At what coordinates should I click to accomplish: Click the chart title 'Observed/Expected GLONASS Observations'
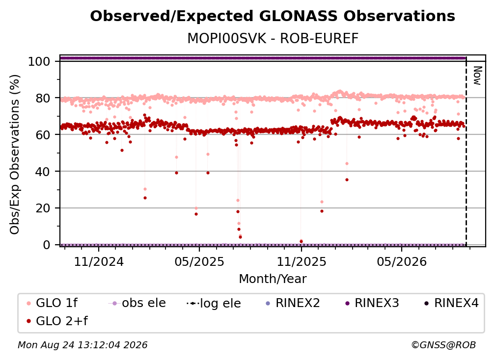pyautogui.click(x=273, y=16)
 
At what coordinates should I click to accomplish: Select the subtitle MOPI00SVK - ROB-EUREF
pyautogui.click(x=273, y=39)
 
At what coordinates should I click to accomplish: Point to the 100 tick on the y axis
pyautogui.click(x=39, y=61)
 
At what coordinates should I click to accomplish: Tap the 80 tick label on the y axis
pyautogui.click(x=43, y=98)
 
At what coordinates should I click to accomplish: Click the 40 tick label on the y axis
pyautogui.click(x=43, y=172)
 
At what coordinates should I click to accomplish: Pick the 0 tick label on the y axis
pyautogui.click(x=47, y=245)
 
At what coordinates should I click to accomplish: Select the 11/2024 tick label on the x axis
pyautogui.click(x=99, y=261)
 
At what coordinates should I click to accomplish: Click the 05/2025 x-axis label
pyautogui.click(x=199, y=261)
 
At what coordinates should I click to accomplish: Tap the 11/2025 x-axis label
pyautogui.click(x=302, y=261)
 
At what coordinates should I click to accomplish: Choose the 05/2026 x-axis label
pyautogui.click(x=402, y=261)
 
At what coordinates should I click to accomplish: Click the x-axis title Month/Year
pyautogui.click(x=273, y=279)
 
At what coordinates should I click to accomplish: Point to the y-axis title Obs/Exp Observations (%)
pyautogui.click(x=15, y=154)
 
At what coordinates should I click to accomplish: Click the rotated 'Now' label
pyautogui.click(x=478, y=76)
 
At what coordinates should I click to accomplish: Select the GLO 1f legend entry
pyautogui.click(x=52, y=303)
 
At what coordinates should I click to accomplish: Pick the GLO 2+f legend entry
pyautogui.click(x=57, y=321)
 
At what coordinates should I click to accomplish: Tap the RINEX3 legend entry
pyautogui.click(x=372, y=303)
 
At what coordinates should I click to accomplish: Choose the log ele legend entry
pyautogui.click(x=214, y=303)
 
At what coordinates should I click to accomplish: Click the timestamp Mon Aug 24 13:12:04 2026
pyautogui.click(x=82, y=345)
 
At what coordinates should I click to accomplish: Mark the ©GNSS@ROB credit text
pyautogui.click(x=443, y=345)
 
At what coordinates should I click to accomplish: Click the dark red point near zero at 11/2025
pyautogui.click(x=301, y=241)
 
